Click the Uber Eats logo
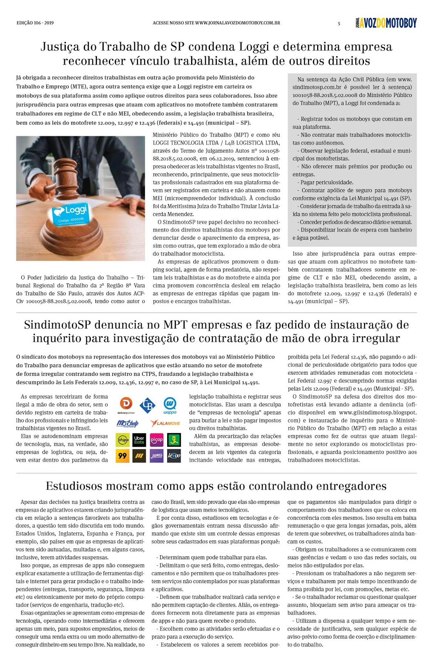[x=139, y=440]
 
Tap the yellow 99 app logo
[x=122, y=456]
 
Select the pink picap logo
[x=157, y=440]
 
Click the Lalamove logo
[x=165, y=423]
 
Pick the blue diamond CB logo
[x=147, y=405]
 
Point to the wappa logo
[x=170, y=405]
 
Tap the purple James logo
[x=157, y=456]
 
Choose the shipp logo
[x=122, y=440]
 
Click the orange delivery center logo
[x=126, y=405]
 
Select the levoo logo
[x=174, y=456]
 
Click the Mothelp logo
[x=128, y=423]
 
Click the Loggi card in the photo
[x=70, y=214]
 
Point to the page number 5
[x=339, y=23]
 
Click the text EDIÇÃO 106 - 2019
[x=35, y=23]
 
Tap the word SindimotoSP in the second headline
[x=57, y=325]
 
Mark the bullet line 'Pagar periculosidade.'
[x=327, y=182]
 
